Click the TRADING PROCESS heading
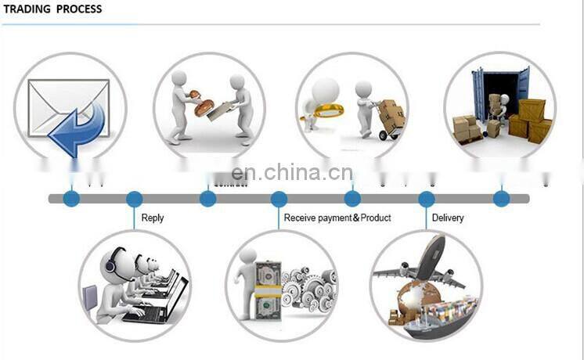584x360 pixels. coord(52,9)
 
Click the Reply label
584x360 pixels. coord(153,218)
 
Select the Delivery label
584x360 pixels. coord(448,218)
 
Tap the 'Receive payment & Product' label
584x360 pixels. coord(337,218)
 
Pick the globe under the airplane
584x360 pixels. coord(416,301)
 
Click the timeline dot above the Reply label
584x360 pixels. coord(134,199)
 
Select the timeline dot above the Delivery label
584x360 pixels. coord(427,199)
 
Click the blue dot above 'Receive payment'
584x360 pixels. coord(279,199)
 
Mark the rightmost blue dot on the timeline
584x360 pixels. coord(501,199)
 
